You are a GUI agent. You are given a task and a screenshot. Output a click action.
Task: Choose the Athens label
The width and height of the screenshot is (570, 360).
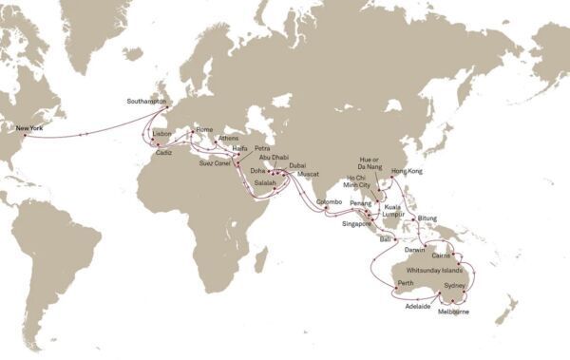coord(229,138)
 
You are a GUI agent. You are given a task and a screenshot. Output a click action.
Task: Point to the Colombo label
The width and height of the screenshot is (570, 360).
coord(329,201)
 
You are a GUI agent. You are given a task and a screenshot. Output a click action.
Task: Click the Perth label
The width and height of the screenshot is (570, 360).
coord(406,284)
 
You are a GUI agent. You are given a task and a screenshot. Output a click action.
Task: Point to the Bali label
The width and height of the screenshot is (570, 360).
coord(387,242)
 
